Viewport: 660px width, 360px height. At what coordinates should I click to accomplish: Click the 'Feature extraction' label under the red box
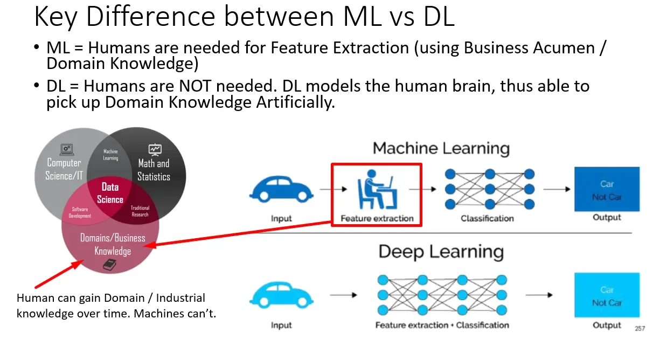377,218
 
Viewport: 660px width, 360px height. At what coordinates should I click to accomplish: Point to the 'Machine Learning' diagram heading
441,148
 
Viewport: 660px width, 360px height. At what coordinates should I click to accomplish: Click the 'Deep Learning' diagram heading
441,252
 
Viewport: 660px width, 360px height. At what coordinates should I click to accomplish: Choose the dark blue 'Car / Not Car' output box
607,189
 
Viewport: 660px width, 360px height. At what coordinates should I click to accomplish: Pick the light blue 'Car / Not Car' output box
607,296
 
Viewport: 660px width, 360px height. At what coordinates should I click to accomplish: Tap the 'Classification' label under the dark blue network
487,218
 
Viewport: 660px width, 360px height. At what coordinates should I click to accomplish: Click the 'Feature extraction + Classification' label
442,325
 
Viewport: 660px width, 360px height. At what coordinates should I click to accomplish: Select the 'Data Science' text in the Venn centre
110,193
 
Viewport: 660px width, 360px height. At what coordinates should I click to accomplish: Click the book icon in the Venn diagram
110,265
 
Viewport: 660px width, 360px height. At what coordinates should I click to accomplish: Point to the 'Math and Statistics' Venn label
154,170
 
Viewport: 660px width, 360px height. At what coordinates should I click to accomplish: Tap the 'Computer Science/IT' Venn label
64,170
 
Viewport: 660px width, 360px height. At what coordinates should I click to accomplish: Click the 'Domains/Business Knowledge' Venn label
113,244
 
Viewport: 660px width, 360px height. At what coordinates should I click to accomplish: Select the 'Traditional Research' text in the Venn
140,211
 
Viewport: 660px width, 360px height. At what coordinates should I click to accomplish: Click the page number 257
640,328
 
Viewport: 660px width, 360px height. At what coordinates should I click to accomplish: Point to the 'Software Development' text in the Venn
79,212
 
